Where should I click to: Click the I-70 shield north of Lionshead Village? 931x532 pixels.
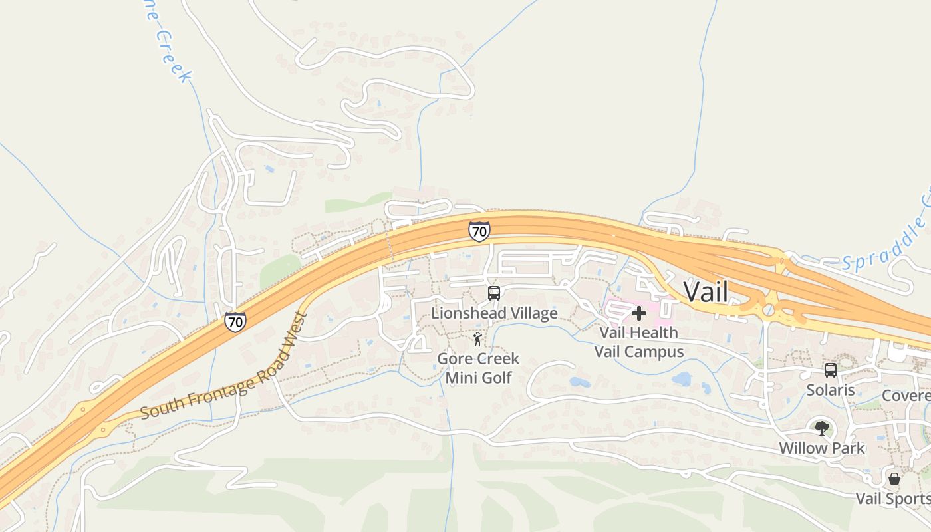click(479, 231)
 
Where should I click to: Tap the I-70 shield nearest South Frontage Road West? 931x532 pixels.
click(235, 322)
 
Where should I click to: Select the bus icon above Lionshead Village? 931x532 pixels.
click(493, 293)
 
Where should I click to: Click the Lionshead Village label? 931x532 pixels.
click(494, 313)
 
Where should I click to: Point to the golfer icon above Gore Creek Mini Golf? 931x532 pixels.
click(477, 340)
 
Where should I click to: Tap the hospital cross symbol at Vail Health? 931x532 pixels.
click(638, 313)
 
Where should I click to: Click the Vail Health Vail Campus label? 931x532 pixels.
click(638, 342)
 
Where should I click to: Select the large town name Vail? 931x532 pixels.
click(706, 291)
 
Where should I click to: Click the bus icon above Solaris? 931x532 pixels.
click(830, 370)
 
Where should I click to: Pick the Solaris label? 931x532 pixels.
click(831, 390)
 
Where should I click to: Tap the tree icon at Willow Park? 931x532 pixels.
click(822, 428)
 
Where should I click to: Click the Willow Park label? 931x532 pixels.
click(822, 448)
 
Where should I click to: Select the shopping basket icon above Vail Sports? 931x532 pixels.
click(894, 478)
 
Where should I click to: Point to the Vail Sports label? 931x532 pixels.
click(892, 498)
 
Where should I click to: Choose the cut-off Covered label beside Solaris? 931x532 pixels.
click(906, 396)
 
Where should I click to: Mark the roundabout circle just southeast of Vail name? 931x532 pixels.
click(769, 310)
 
